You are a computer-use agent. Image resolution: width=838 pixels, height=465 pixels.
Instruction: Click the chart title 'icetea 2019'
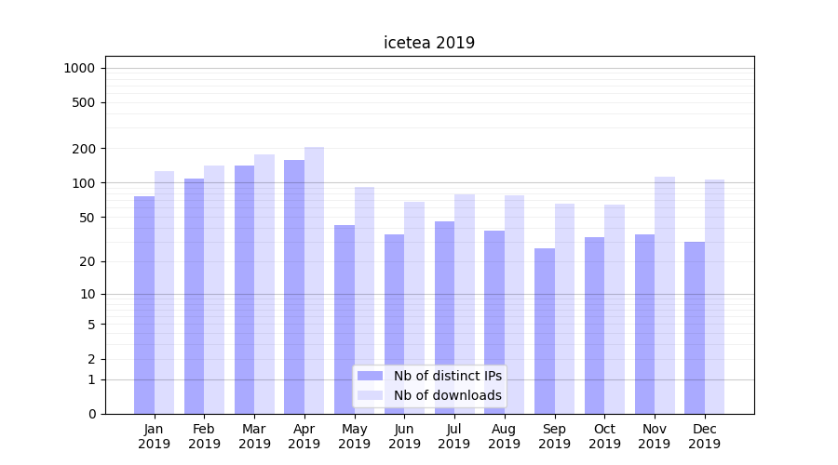[429, 43]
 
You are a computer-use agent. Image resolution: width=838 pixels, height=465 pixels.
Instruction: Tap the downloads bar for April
[314, 280]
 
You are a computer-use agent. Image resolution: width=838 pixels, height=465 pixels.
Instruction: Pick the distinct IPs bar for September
[545, 331]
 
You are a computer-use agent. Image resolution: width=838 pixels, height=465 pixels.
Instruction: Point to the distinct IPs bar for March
[244, 289]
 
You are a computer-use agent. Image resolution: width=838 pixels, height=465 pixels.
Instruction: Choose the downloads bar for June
[414, 308]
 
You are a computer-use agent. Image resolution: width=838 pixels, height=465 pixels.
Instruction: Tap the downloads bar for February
[214, 289]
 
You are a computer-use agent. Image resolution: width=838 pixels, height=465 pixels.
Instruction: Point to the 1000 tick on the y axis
[79, 68]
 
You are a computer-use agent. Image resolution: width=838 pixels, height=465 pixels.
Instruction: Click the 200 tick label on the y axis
[84, 149]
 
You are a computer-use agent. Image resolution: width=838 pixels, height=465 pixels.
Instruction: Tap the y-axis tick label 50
[87, 218]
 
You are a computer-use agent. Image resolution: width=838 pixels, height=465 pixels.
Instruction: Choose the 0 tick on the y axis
[91, 414]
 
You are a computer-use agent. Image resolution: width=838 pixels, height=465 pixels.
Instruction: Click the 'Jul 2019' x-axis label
[454, 436]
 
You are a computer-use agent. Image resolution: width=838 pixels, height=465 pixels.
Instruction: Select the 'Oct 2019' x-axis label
[604, 436]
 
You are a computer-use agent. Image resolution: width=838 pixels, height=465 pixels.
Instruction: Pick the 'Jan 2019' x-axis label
[155, 436]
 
